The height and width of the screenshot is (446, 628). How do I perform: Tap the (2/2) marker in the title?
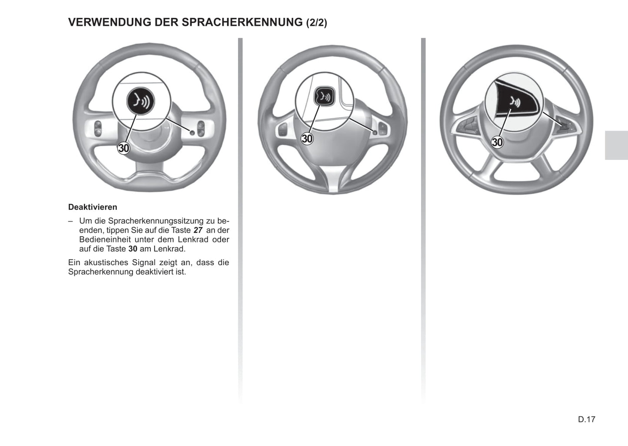coord(316,23)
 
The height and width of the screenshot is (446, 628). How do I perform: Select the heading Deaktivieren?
coord(93,207)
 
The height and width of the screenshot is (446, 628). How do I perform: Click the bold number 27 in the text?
coord(198,230)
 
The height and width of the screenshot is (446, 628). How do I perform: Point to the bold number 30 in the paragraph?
coord(133,249)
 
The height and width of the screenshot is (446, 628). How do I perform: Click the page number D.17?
coord(586,419)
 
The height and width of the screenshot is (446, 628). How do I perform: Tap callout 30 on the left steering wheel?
coord(124,148)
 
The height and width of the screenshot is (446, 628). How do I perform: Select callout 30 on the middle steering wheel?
coord(307,139)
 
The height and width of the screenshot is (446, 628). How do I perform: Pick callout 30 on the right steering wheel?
coord(497,142)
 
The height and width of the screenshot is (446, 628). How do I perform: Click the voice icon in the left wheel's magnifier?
coord(140,102)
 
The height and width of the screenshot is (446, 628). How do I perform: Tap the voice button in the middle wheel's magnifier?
coord(324,96)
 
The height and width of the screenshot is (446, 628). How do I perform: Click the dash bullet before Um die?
coord(70,221)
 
